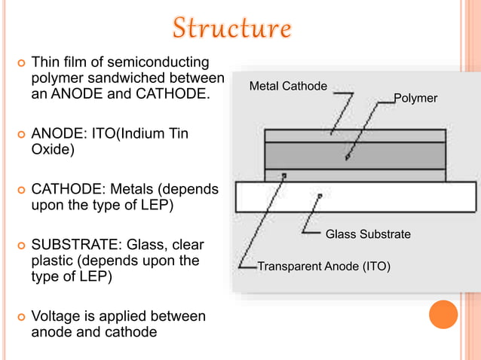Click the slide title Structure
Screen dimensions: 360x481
[x=231, y=28]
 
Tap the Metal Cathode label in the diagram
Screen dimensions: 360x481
[x=288, y=86]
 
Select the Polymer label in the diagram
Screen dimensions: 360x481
[x=415, y=99]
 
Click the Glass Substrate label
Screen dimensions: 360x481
[x=368, y=234]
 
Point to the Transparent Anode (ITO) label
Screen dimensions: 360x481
[x=323, y=265]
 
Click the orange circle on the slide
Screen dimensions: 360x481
[x=443, y=314]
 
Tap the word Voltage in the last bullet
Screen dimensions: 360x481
[x=55, y=316]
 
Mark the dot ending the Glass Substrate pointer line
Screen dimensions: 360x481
[x=320, y=196]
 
